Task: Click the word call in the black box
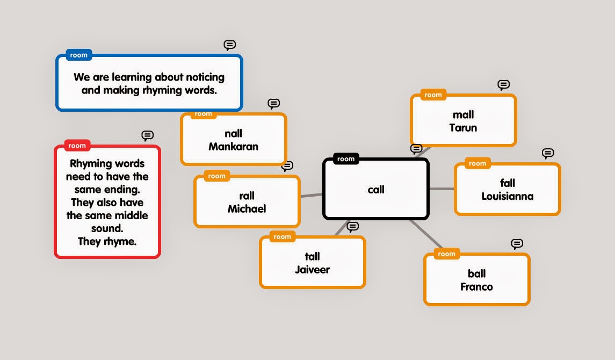point(376,190)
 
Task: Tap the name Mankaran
point(233,147)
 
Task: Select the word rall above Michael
point(247,196)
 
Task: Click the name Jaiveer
point(312,270)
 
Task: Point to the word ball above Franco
point(476,273)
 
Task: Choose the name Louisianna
point(507,197)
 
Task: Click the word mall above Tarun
point(463,114)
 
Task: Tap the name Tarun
point(463,128)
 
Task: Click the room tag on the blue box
point(78,55)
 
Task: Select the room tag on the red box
point(77,146)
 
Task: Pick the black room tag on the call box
point(346,159)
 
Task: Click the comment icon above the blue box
point(229,45)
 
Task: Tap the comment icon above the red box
point(147,135)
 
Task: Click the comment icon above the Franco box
point(517,244)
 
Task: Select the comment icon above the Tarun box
point(503,85)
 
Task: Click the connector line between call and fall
point(442,189)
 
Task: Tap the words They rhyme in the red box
point(107,242)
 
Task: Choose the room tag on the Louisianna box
point(477,163)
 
